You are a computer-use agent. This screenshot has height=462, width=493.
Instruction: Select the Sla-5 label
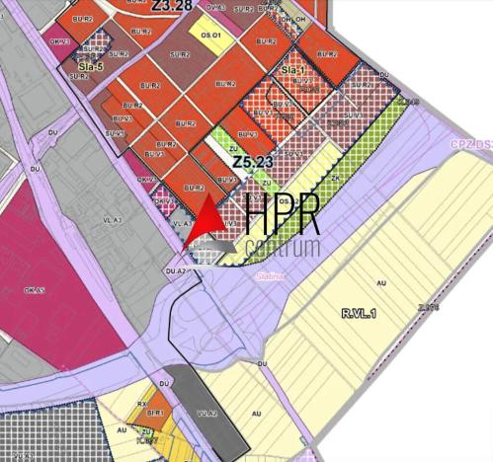(90, 67)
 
